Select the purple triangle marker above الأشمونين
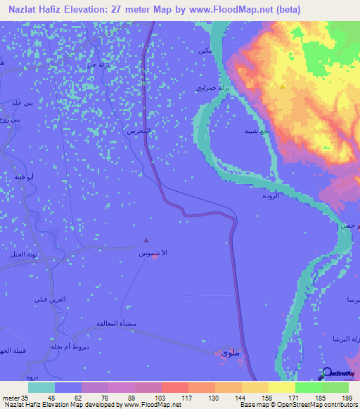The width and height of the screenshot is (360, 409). coord(146,241)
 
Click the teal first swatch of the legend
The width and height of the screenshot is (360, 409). coord(41,387)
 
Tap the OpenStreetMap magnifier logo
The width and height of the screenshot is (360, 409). coord(328,373)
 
